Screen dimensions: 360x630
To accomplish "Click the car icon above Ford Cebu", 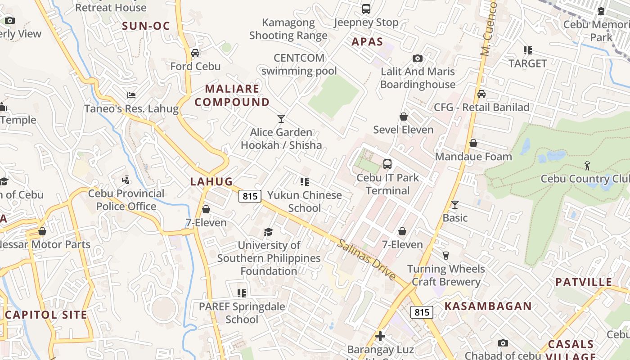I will [195, 53].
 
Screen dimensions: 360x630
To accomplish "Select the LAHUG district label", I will [211, 182].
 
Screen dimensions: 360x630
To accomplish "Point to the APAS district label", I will [367, 42].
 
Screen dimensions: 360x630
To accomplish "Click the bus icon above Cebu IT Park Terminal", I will [387, 164].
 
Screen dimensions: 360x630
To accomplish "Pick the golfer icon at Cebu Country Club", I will [587, 166].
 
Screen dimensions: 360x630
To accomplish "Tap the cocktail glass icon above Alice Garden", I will [281, 119].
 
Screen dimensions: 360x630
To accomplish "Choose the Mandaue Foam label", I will [473, 157].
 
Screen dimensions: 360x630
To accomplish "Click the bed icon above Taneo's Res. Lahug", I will [131, 95].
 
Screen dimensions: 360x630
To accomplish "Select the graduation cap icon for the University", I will [269, 232].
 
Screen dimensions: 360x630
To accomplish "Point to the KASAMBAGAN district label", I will [488, 306].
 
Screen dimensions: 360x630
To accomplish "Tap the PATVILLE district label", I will [584, 283].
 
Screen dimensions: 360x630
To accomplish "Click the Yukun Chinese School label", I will [305, 202].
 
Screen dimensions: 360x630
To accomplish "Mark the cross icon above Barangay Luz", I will [380, 336].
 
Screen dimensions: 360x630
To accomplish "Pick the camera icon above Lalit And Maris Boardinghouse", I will [418, 58].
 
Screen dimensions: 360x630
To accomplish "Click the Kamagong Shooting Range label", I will [288, 29].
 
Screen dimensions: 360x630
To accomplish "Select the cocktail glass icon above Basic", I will [455, 205].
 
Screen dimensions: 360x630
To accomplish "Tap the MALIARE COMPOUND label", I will [232, 95].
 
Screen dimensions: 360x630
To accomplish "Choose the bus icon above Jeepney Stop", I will [366, 9].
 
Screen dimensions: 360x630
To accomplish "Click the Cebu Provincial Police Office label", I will [126, 200].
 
